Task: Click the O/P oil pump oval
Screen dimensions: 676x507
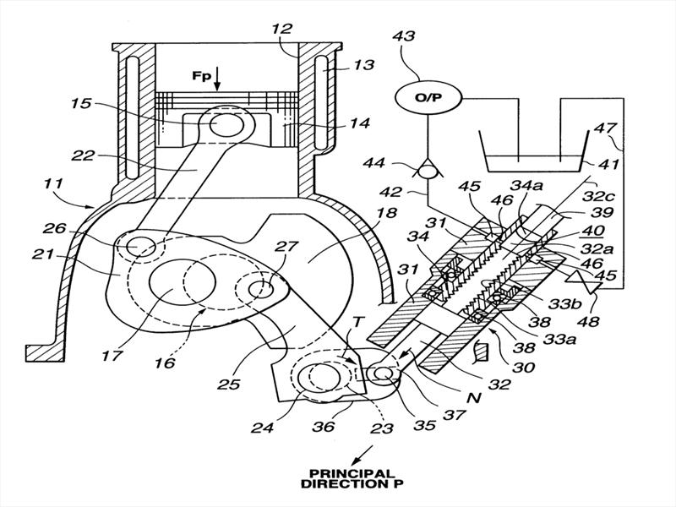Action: pyautogui.click(x=428, y=97)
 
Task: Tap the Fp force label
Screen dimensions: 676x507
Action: pyautogui.click(x=201, y=76)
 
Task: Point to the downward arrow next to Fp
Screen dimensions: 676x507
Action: pyautogui.click(x=217, y=79)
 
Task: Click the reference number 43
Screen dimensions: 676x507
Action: pyautogui.click(x=404, y=35)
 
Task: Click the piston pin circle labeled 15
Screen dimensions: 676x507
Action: pyautogui.click(x=221, y=123)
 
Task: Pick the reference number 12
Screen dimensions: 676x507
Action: pyautogui.click(x=282, y=29)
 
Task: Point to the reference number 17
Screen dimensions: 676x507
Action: pyautogui.click(x=112, y=356)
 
